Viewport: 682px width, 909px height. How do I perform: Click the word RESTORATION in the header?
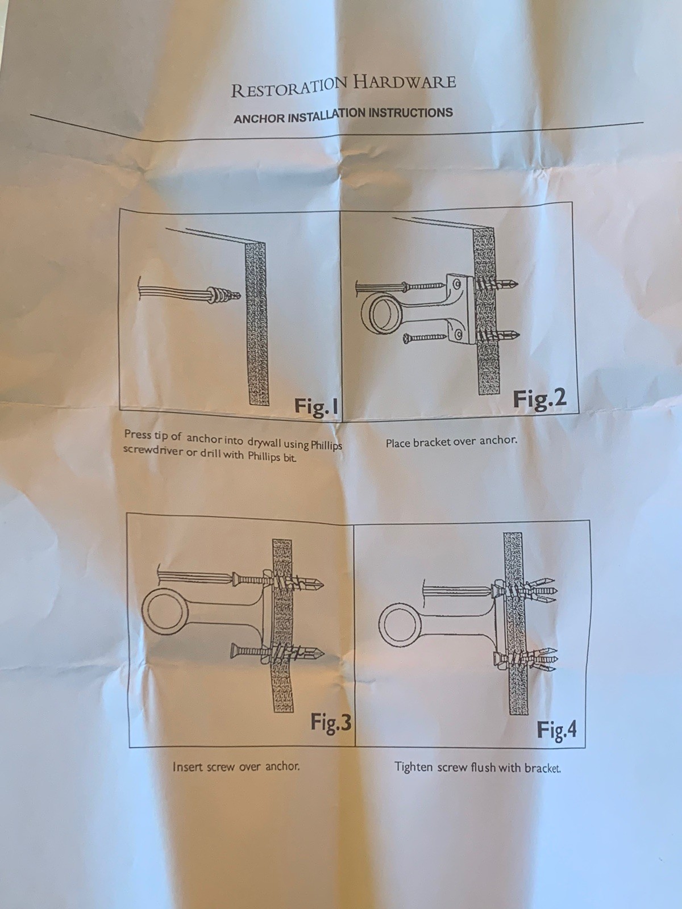[289, 87]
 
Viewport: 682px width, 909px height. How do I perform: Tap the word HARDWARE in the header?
[404, 82]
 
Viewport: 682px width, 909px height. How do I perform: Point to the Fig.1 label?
[316, 406]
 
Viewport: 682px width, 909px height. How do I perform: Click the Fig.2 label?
[539, 399]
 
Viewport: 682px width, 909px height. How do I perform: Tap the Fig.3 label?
[331, 723]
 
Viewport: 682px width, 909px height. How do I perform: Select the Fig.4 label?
[556, 729]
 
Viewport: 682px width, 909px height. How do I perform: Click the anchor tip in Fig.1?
[237, 295]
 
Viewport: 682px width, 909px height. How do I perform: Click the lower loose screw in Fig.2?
[425, 337]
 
